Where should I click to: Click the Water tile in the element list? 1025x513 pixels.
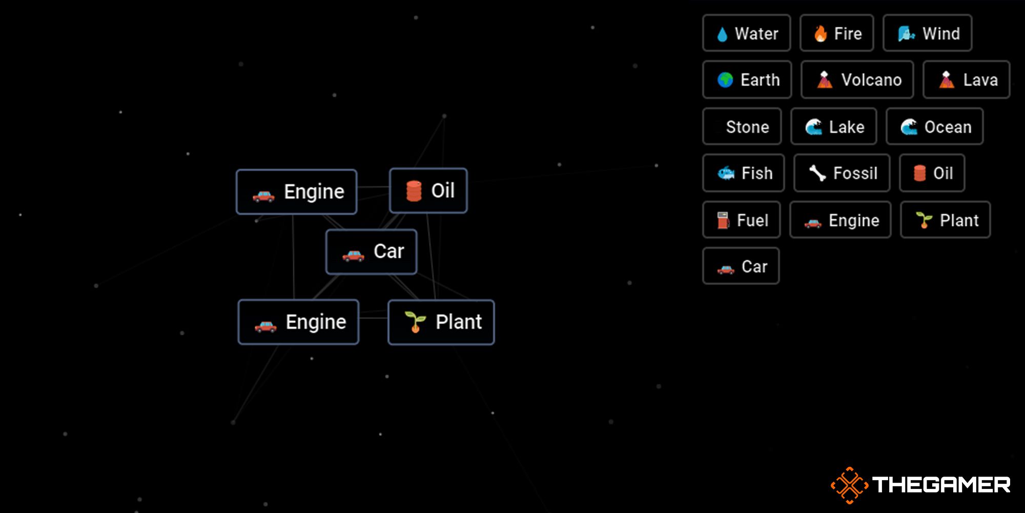(747, 33)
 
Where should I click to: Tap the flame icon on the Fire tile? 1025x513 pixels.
(821, 34)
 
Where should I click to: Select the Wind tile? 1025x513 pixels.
(927, 33)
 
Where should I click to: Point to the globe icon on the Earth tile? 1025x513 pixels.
(725, 80)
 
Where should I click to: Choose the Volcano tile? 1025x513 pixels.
(857, 80)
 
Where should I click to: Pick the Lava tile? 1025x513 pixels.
(966, 80)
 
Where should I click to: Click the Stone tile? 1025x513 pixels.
(742, 127)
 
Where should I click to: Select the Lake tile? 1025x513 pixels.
(834, 127)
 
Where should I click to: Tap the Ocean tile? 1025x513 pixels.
(935, 127)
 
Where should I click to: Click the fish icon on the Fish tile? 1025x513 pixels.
(726, 173)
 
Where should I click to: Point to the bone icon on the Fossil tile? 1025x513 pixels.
(817, 173)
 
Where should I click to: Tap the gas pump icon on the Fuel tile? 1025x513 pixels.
(723, 221)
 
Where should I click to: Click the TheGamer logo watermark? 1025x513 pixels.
(920, 485)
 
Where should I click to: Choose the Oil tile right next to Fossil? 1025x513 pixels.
(932, 173)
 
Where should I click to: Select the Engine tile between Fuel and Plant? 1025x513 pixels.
(840, 221)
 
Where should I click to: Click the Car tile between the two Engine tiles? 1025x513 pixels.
(371, 252)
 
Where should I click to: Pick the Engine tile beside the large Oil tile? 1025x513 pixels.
(296, 192)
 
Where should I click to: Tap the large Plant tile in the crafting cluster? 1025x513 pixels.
(441, 322)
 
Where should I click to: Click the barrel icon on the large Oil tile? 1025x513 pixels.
(414, 191)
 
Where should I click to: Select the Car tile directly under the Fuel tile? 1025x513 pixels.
(741, 266)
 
